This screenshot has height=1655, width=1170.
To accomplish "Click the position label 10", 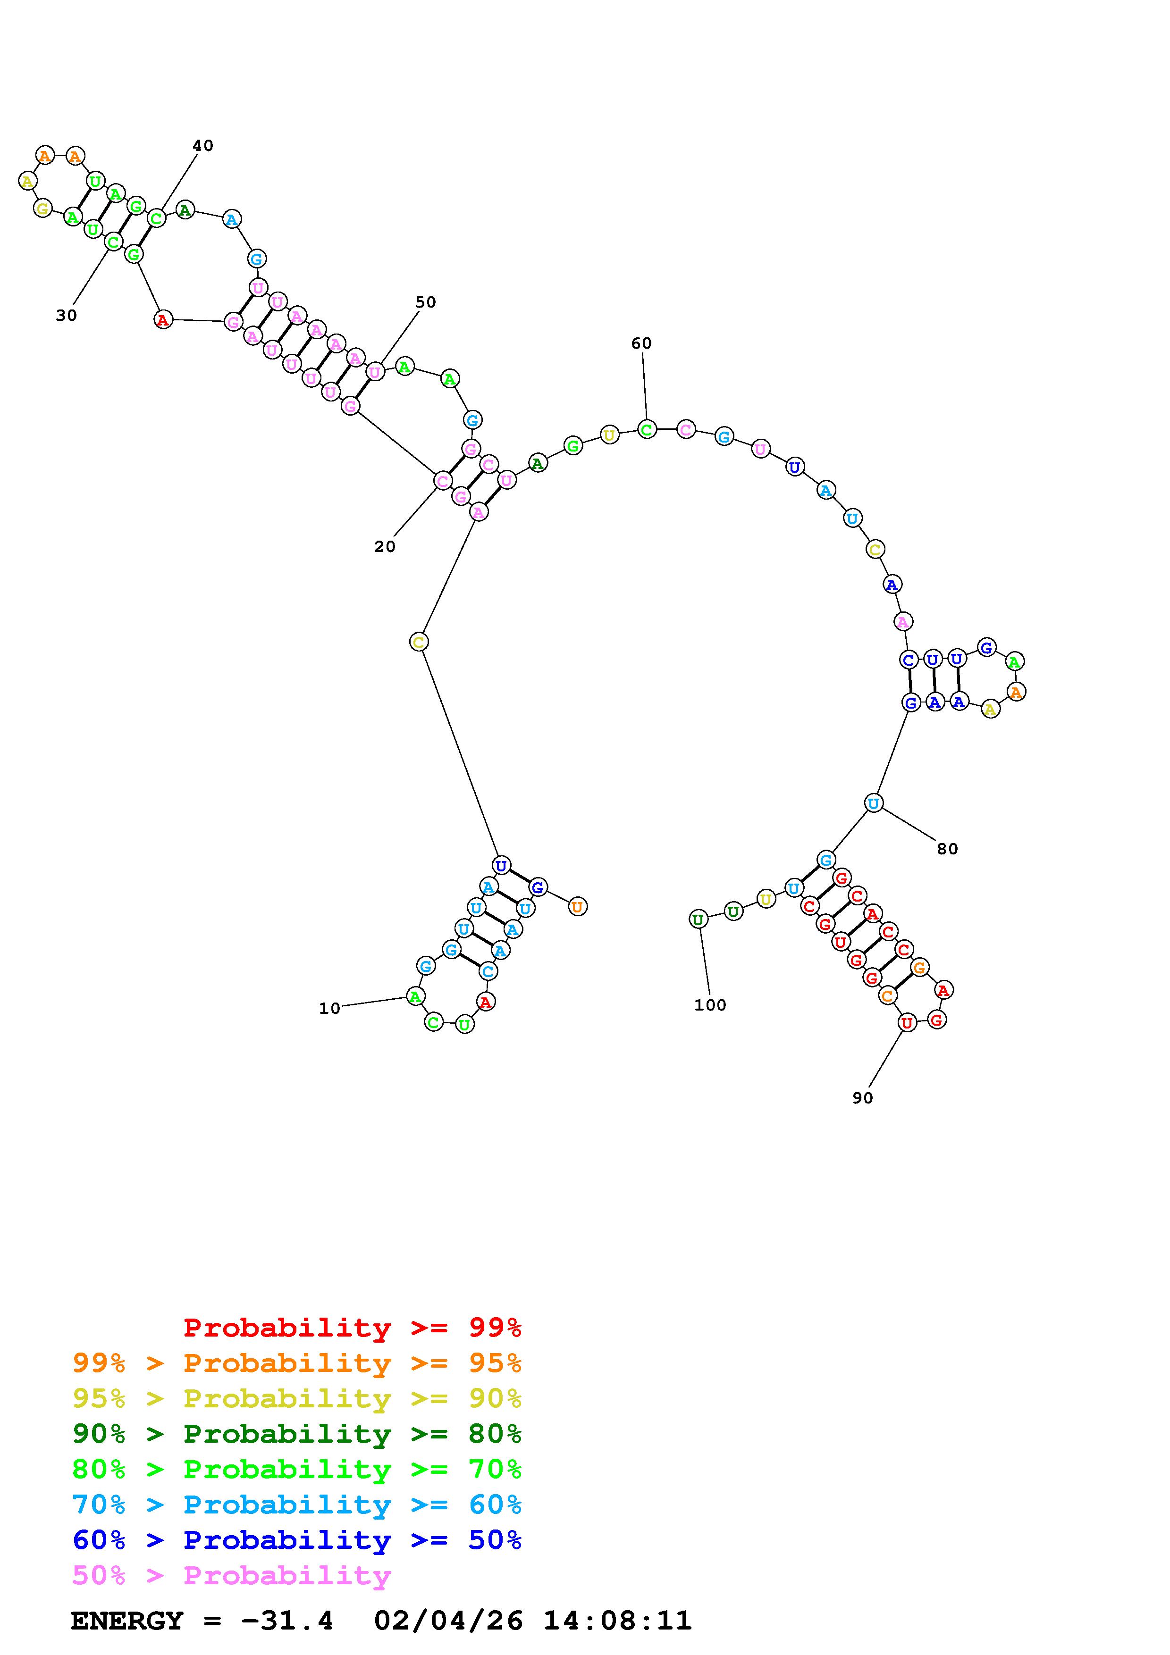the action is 329,1008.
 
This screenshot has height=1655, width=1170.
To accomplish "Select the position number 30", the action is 67,315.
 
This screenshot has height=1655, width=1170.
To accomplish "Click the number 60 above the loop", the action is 641,343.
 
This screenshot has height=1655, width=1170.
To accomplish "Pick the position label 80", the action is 947,849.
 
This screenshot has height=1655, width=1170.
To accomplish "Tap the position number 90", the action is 862,1098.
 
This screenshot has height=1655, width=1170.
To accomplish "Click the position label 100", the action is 710,1005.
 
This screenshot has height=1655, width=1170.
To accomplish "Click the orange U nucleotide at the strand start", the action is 577,906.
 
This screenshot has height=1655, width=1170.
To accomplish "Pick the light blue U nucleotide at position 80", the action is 873,803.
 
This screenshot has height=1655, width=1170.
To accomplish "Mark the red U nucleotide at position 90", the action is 907,1022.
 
